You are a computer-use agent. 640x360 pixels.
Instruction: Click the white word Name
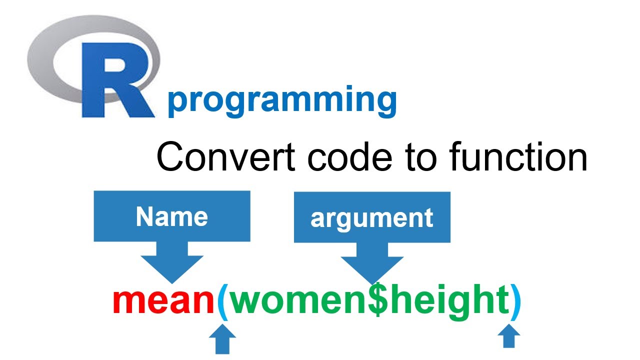click(171, 216)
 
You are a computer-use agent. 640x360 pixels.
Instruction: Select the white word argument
click(371, 218)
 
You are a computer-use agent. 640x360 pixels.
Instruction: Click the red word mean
click(164, 301)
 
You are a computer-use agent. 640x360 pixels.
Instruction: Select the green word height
click(448, 301)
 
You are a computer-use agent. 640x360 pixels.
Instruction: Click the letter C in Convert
click(170, 157)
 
